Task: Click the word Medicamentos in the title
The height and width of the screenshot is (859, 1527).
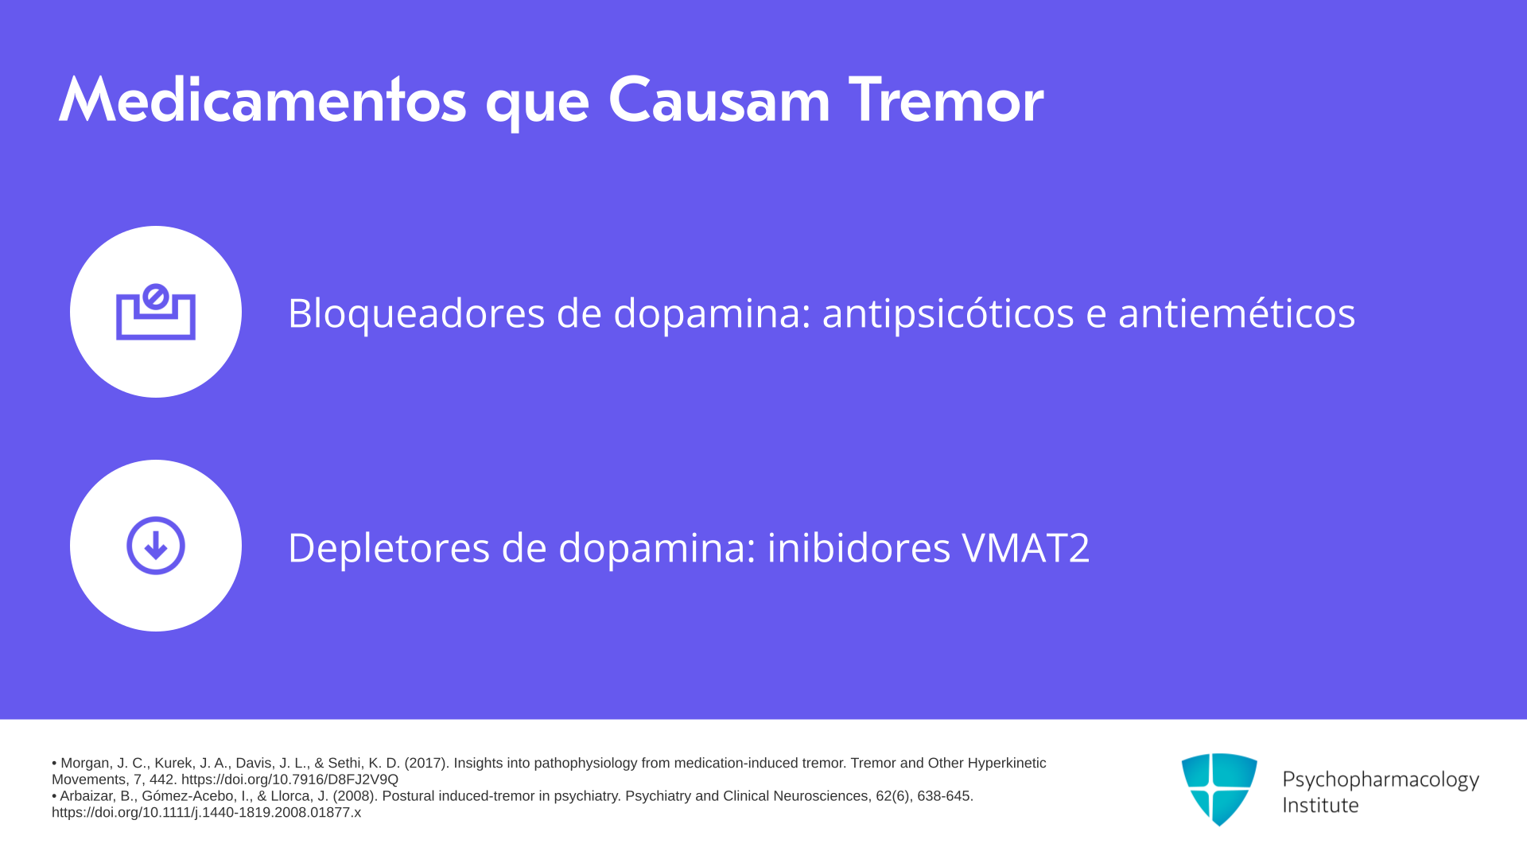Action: pos(262,100)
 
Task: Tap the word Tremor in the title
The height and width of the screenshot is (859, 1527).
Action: pos(946,100)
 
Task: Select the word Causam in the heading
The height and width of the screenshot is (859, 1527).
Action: pos(719,100)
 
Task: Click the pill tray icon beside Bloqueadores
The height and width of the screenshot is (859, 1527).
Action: pos(156,312)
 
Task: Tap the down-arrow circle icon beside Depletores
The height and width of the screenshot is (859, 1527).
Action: pos(156,546)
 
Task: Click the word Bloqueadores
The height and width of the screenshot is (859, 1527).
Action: pos(416,313)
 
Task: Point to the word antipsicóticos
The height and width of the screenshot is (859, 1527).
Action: pos(948,313)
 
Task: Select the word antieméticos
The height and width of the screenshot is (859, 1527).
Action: pos(1237,313)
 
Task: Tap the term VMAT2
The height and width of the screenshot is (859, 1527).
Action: pos(1026,548)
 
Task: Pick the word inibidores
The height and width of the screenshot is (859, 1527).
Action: pos(858,547)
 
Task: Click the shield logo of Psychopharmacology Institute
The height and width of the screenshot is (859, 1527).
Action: pos(1219,789)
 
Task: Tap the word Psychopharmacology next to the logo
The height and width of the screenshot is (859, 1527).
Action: pos(1381,780)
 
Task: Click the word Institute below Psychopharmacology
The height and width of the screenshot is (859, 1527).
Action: pos(1320,805)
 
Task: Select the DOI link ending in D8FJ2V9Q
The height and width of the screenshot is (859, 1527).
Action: pos(289,780)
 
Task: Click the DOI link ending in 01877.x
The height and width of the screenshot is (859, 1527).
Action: pos(206,813)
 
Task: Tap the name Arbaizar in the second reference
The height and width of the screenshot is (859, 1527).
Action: pos(87,796)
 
